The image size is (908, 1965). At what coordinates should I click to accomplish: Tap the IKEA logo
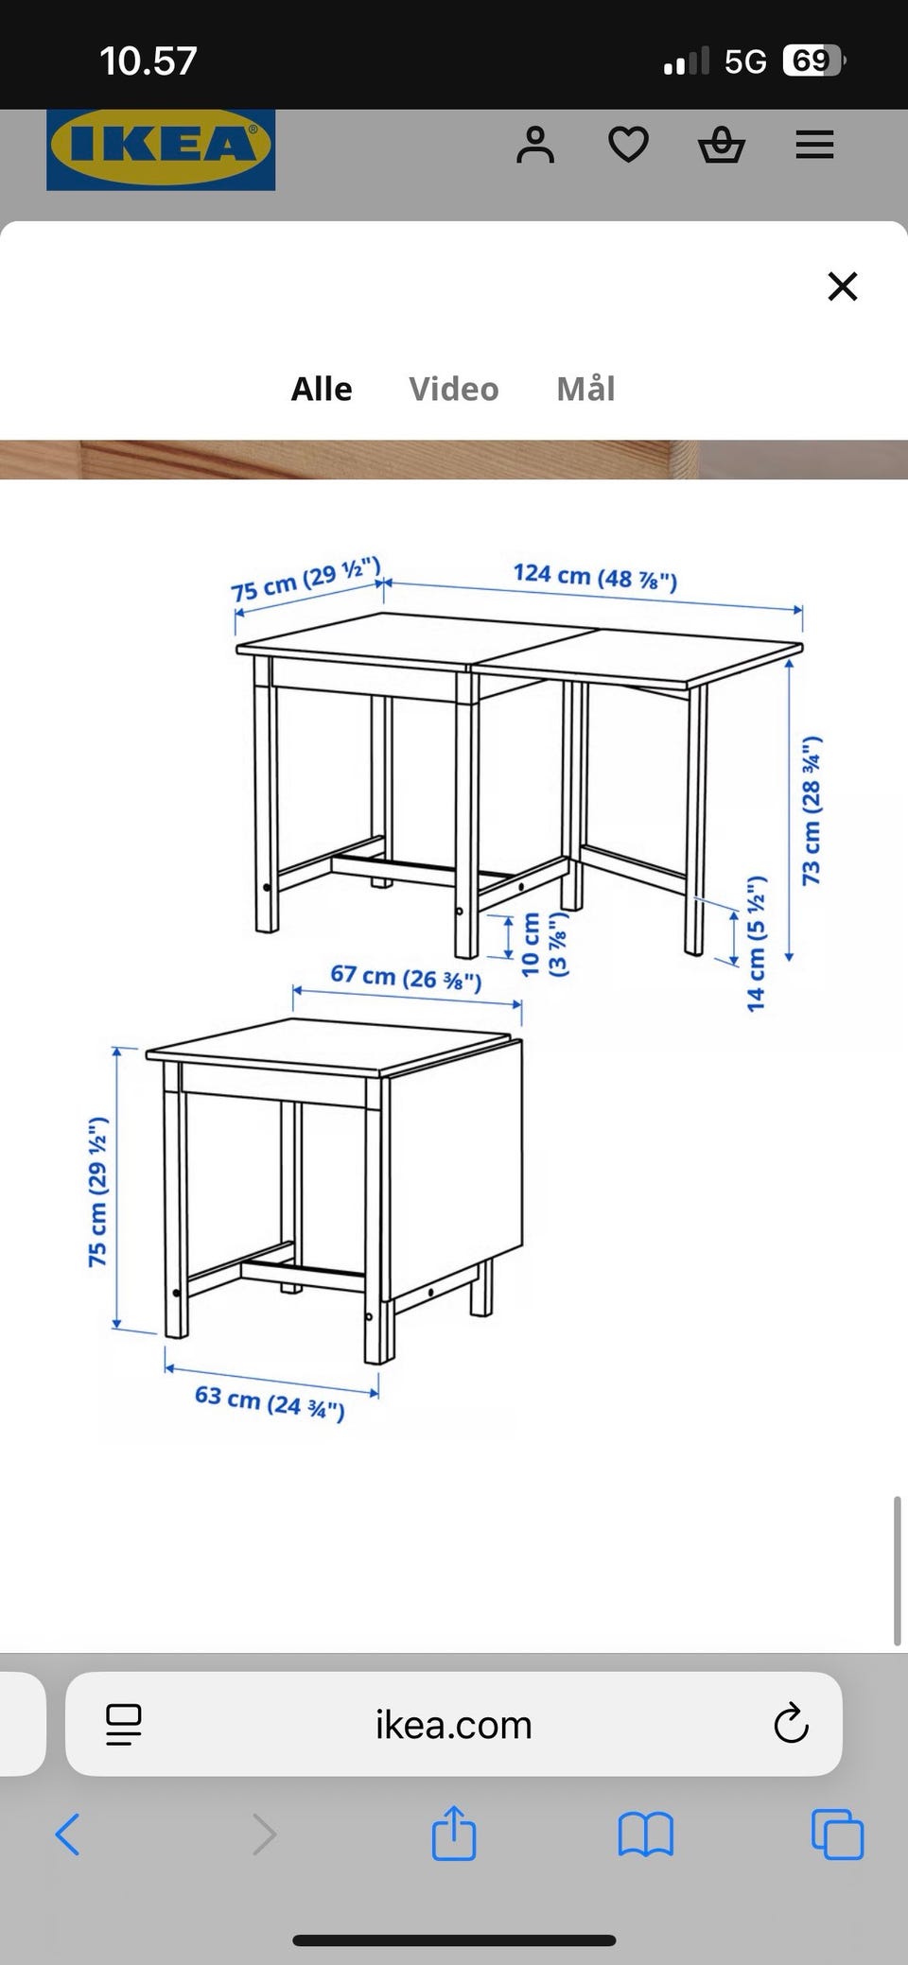coord(161,149)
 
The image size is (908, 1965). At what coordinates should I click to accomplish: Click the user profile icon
coord(535,146)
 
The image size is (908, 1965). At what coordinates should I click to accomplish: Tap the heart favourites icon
coord(628,146)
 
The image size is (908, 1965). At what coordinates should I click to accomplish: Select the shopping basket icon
coord(722,146)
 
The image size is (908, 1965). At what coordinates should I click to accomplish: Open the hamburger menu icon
coord(814,146)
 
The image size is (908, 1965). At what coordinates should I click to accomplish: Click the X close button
coord(842,286)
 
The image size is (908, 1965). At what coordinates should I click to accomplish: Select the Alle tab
coord(322,389)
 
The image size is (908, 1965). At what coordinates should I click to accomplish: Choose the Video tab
coord(454,389)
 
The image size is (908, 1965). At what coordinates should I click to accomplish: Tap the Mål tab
coord(585,389)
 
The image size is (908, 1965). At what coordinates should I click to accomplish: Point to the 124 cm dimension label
coord(595,576)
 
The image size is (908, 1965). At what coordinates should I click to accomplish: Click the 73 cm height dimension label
coord(812,810)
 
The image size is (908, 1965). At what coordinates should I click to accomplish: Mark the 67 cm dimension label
coord(406,976)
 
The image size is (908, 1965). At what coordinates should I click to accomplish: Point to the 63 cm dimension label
coord(270,1402)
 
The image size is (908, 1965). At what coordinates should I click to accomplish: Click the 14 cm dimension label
coord(756,944)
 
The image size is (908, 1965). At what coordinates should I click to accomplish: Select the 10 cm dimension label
coord(545,944)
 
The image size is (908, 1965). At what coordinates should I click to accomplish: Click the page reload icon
coord(791,1724)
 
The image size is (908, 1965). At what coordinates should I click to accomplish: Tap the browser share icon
coord(454,1833)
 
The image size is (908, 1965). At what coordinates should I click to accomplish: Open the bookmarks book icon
coord(645,1835)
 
